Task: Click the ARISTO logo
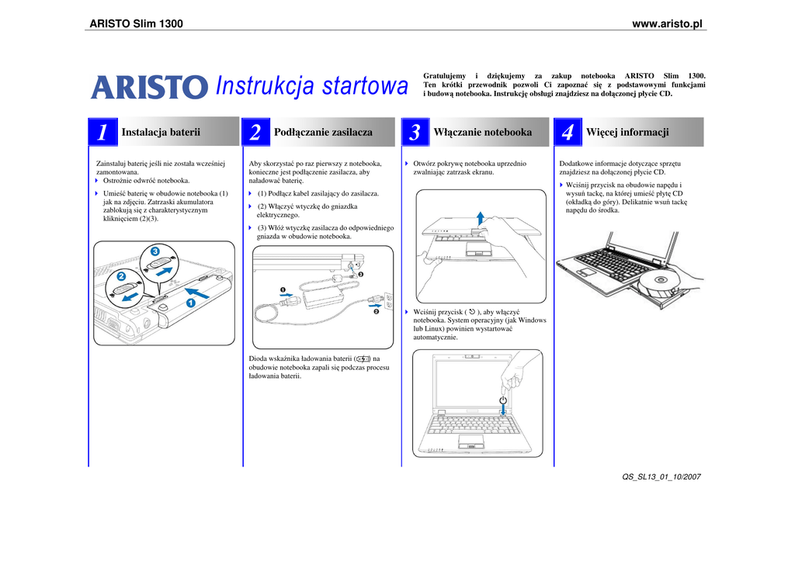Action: tap(150, 87)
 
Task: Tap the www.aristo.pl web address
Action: tap(667, 24)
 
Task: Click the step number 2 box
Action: tap(255, 133)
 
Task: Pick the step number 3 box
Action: tap(415, 133)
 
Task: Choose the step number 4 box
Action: tap(568, 133)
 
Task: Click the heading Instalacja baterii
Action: tap(161, 132)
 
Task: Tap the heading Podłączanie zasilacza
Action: tap(323, 132)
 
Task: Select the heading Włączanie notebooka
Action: tap(482, 132)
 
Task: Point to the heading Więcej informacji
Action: tap(627, 132)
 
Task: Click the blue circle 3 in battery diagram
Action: tap(155, 251)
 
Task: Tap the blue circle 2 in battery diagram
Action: tap(121, 276)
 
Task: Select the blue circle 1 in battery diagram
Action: tap(189, 303)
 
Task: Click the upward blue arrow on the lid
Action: tap(481, 216)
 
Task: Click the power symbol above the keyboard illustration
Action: tap(503, 401)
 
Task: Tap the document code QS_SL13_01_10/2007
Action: tap(661, 476)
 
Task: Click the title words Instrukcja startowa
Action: tap(311, 87)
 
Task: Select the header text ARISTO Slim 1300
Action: tap(137, 24)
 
